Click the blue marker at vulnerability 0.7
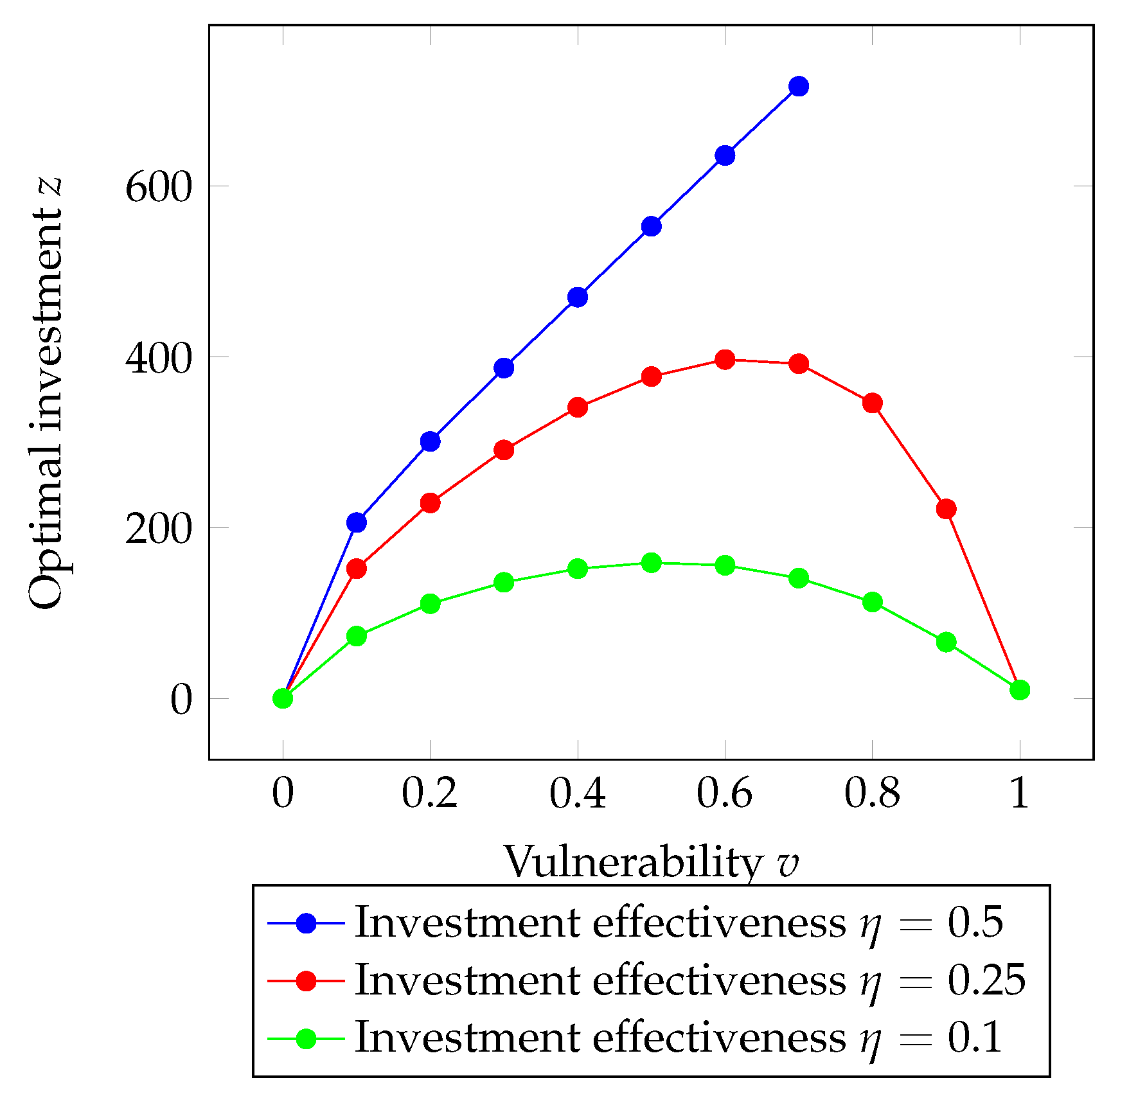[799, 86]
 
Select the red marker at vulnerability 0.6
[725, 360]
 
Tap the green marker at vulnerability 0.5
[652, 563]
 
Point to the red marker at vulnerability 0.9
[947, 509]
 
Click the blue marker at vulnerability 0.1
[357, 522]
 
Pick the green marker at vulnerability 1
[1020, 690]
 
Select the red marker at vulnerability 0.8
[873, 403]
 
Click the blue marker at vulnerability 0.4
[578, 297]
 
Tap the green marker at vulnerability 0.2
[431, 603]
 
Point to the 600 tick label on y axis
[159, 188]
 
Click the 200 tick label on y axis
[159, 530]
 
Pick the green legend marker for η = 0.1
[307, 1038]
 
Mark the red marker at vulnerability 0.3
[504, 450]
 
